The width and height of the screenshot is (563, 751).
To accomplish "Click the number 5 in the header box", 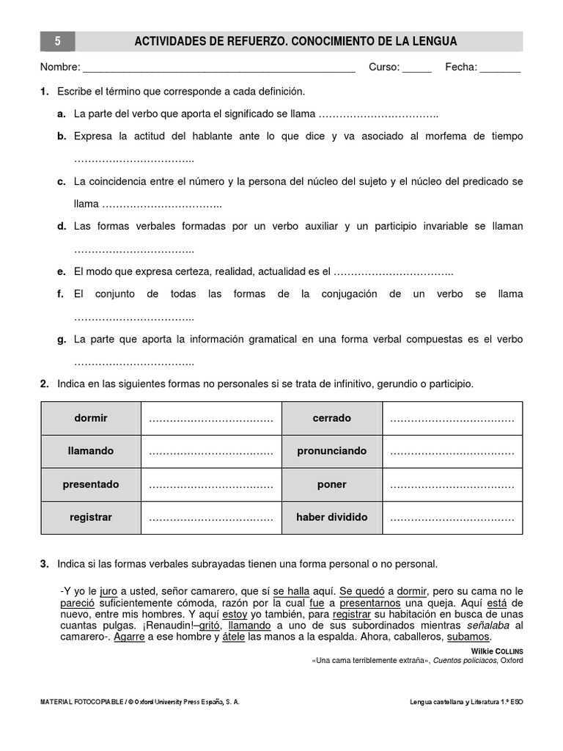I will [x=57, y=42].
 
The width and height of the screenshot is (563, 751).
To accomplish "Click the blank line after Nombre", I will [x=219, y=69].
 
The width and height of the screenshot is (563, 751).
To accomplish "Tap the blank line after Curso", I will [x=417, y=69].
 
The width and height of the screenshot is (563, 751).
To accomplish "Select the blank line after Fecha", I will [x=501, y=69].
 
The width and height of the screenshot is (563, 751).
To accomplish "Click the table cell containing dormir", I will [x=91, y=418].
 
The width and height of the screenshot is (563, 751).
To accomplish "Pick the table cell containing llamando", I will [x=91, y=451].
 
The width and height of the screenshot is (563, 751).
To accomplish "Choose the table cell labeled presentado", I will [x=91, y=485].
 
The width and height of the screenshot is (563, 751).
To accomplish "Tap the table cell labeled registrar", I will [x=91, y=517].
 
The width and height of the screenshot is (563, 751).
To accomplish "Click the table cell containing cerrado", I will [x=332, y=418].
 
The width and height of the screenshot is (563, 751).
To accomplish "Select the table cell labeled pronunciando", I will [x=332, y=451].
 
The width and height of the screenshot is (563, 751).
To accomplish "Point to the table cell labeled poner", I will [x=332, y=485].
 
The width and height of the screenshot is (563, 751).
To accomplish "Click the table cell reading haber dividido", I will [x=332, y=517].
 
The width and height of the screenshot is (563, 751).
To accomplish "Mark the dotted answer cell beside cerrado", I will [x=452, y=419].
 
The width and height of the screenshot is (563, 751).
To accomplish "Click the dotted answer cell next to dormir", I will [x=211, y=419].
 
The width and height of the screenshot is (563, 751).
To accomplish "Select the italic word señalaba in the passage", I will [x=490, y=626].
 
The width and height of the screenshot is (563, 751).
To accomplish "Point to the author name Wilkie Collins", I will [x=496, y=651].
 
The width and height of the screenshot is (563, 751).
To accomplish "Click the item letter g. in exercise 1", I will [x=62, y=340].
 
